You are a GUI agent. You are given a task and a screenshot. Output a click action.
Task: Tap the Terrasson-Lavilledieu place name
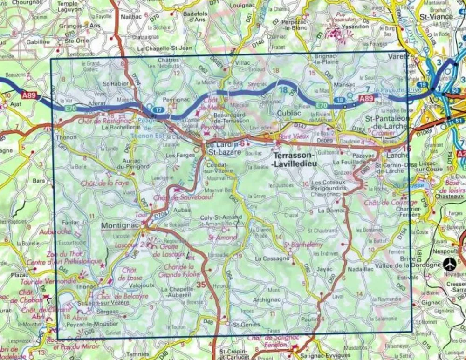click(x=295, y=160)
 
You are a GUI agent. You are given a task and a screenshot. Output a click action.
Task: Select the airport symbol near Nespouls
click(x=449, y=264)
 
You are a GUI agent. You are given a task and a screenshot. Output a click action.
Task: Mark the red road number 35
click(x=201, y=285)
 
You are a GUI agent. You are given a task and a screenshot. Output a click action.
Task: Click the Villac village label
click(x=242, y=62)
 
